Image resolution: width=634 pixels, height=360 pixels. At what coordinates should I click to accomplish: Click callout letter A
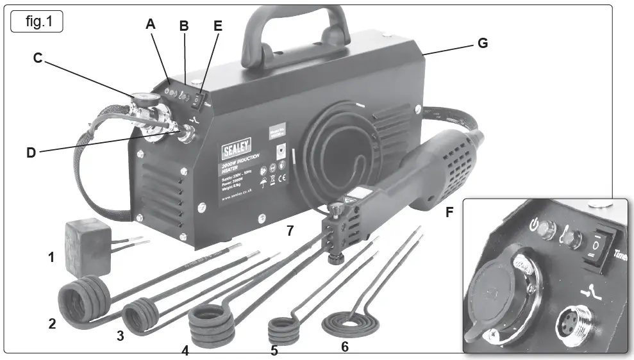tap(151, 24)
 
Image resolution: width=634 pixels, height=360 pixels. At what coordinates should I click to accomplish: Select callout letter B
tap(184, 26)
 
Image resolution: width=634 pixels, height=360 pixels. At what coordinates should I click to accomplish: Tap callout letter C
tap(38, 58)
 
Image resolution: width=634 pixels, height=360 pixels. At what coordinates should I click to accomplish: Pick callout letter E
tap(218, 26)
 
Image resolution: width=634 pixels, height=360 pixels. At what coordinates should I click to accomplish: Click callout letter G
tap(482, 43)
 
